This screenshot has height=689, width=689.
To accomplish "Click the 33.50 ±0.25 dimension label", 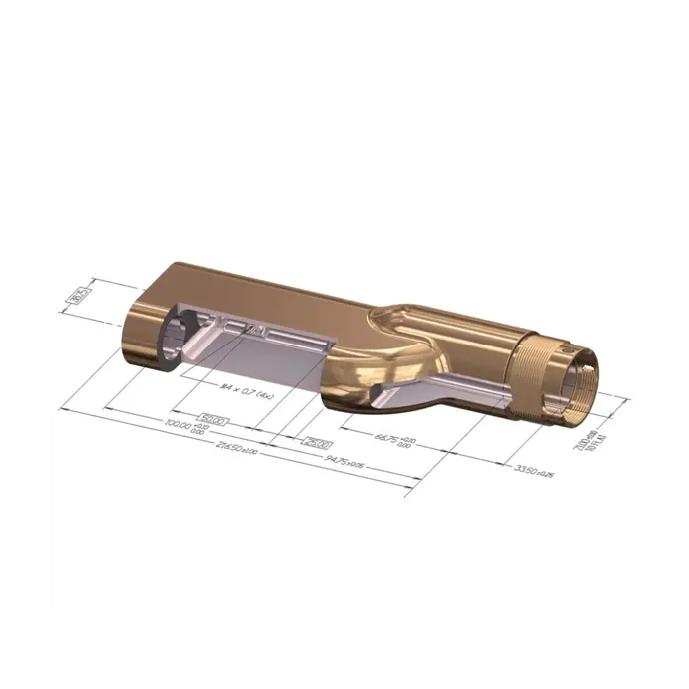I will point(533,469).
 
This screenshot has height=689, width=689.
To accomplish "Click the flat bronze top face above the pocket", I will point(260,290).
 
